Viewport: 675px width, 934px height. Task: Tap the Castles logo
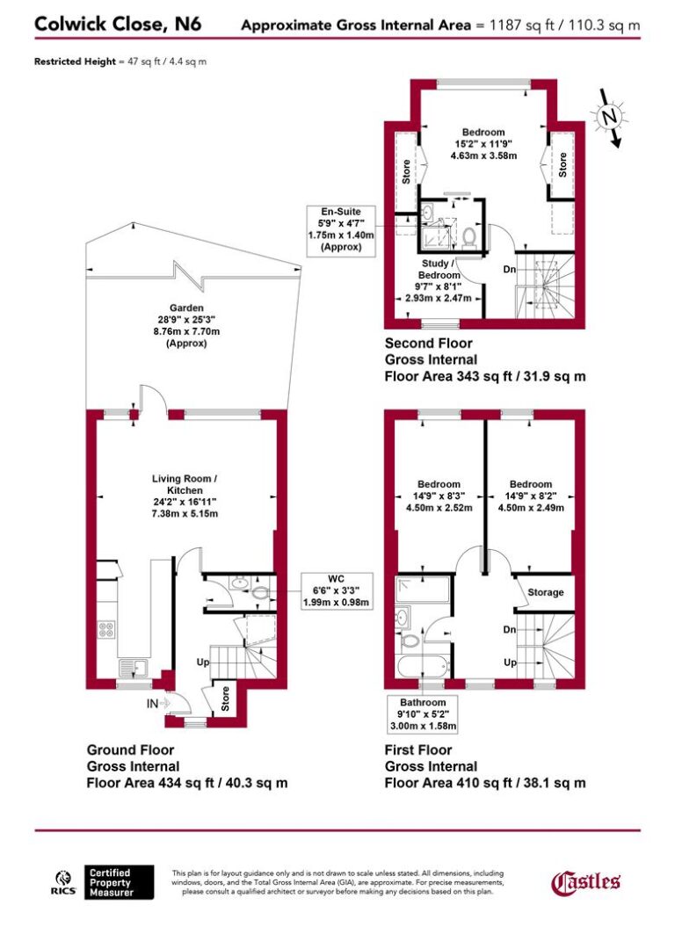pos(586,881)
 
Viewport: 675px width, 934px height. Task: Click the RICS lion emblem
pos(63,881)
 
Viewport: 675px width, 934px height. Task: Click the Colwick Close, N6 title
pos(118,24)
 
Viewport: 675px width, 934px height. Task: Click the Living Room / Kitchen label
pos(184,496)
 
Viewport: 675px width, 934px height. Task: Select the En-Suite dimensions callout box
pos(340,230)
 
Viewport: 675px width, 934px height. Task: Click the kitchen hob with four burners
pos(106,628)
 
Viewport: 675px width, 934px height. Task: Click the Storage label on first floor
pos(545,592)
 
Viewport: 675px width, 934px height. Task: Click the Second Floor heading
pos(428,344)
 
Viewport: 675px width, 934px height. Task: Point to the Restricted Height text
pos(121,62)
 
